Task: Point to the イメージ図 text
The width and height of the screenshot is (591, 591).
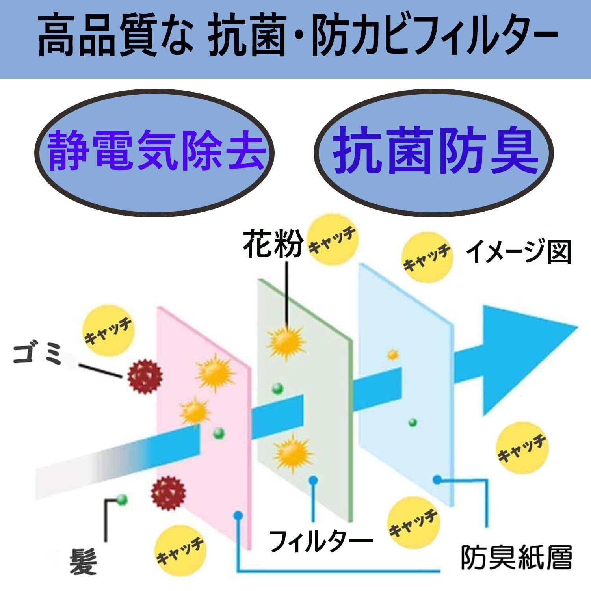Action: (x=519, y=252)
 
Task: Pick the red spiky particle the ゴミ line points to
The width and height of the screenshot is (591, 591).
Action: (x=145, y=376)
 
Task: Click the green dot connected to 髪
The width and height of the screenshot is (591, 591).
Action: (x=122, y=500)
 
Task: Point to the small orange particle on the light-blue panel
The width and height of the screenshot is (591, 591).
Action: (x=392, y=355)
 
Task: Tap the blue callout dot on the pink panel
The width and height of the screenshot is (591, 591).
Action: (x=238, y=515)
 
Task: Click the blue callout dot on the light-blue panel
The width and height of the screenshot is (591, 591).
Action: (x=437, y=479)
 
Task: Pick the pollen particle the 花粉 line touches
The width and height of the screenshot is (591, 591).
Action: (x=285, y=341)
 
